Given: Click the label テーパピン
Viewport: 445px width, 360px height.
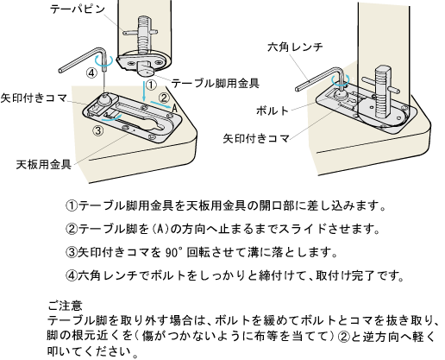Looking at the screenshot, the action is click(78, 9).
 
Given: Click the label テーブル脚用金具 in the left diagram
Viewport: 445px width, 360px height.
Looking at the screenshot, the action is click(215, 83).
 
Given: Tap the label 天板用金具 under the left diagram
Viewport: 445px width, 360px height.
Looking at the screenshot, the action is click(44, 164).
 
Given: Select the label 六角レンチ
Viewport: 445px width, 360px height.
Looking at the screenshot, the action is click(295, 47).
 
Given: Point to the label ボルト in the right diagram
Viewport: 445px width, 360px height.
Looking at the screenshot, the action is click(272, 111).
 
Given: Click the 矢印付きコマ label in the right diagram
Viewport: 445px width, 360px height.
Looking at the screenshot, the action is click(256, 139).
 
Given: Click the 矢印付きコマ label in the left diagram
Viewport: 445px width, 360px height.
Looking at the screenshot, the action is click(34, 98).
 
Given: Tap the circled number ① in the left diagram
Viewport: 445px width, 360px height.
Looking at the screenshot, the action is click(151, 85).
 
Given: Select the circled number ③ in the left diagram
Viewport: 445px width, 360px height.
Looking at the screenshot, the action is click(98, 131).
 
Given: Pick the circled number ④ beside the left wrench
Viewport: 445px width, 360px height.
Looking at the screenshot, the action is click(91, 73).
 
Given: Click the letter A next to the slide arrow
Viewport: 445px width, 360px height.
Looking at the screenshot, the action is click(174, 109).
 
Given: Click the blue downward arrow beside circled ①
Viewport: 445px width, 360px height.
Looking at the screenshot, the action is click(144, 92).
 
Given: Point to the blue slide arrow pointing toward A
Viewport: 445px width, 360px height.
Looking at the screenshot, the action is click(160, 104).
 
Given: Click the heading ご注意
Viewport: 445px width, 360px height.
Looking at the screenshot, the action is click(65, 305).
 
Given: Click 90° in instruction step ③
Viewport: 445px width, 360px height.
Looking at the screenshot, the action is click(174, 252).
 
